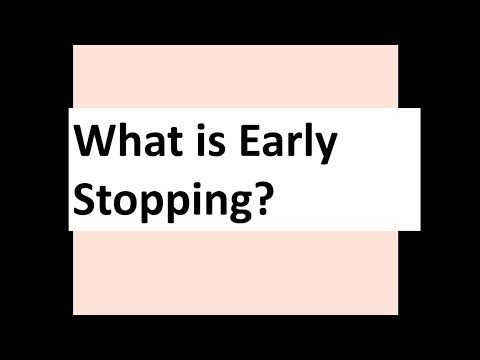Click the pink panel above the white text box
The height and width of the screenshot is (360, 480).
[235, 75]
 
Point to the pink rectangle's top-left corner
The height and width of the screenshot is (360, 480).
[75, 45]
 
